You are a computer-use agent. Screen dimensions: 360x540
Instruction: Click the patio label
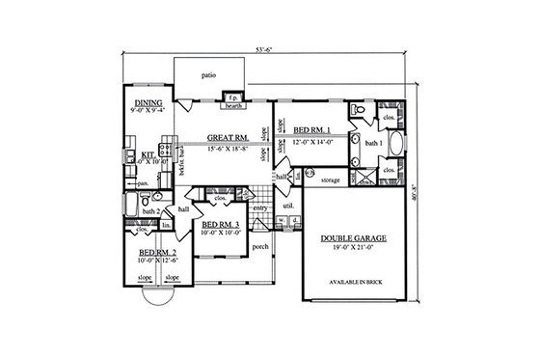(x=208, y=74)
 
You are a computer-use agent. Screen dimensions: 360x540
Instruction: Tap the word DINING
(x=148, y=102)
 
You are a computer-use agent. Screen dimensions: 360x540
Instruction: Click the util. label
(x=287, y=206)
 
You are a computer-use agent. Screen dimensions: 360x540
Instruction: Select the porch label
(x=260, y=247)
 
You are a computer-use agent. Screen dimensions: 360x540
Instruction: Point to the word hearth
(x=232, y=106)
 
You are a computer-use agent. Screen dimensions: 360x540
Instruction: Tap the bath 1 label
(x=373, y=143)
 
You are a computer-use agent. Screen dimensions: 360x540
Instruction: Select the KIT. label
(x=148, y=152)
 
